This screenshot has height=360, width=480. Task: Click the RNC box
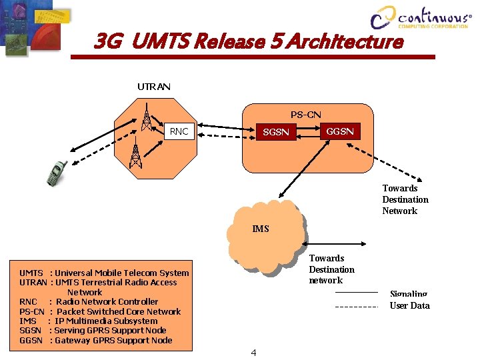click(x=179, y=131)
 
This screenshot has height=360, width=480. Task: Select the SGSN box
click(x=276, y=132)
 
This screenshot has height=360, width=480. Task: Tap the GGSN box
click(x=339, y=131)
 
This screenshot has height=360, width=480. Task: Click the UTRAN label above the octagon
click(x=154, y=87)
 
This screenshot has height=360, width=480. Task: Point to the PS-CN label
click(x=306, y=115)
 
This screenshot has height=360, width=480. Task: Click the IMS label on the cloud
click(x=261, y=229)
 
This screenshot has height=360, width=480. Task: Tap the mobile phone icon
click(x=56, y=173)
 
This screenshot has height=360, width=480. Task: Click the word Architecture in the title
click(x=352, y=42)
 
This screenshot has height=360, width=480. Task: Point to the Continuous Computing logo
click(x=420, y=18)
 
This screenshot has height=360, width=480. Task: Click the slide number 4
click(x=253, y=352)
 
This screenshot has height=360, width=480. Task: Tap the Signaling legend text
click(x=408, y=293)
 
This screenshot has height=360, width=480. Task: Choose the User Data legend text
click(x=409, y=305)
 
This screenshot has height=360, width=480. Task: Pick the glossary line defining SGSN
click(x=93, y=331)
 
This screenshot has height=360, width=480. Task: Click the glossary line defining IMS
click(x=89, y=321)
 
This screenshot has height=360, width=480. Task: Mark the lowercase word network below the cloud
click(x=325, y=281)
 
